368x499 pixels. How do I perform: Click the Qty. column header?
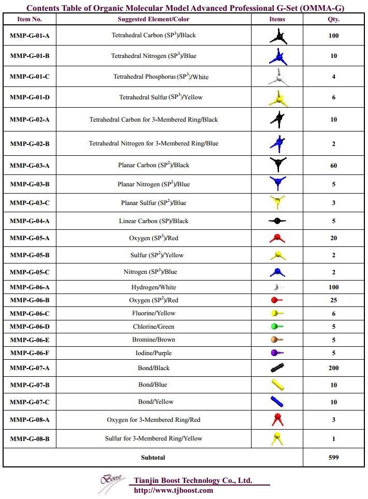click(x=333, y=19)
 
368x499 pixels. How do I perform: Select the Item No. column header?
click(x=30, y=19)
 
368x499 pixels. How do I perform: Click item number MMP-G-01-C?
click(x=30, y=77)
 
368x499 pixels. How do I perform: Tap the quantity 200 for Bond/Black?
click(x=333, y=368)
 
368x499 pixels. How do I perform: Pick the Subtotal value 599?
click(x=333, y=458)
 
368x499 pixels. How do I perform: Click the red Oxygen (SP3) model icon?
click(x=277, y=238)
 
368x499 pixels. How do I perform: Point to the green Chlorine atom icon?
click(x=277, y=327)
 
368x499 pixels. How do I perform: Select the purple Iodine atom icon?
click(x=277, y=353)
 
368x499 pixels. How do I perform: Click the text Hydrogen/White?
click(x=153, y=287)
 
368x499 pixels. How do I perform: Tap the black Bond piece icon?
click(x=277, y=368)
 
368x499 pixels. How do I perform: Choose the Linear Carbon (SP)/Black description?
click(x=153, y=221)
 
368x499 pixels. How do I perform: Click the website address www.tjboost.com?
click(x=173, y=490)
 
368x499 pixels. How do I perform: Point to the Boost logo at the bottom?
click(x=112, y=483)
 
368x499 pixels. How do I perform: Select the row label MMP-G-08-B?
click(x=30, y=438)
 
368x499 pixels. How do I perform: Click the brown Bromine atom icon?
click(x=277, y=340)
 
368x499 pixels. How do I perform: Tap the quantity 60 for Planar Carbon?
click(x=333, y=166)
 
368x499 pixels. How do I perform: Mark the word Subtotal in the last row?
click(x=153, y=458)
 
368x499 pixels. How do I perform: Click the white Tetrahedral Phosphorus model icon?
click(x=277, y=77)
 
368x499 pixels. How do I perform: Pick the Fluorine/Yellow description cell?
click(x=153, y=313)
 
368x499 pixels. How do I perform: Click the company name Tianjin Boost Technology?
click(x=193, y=480)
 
